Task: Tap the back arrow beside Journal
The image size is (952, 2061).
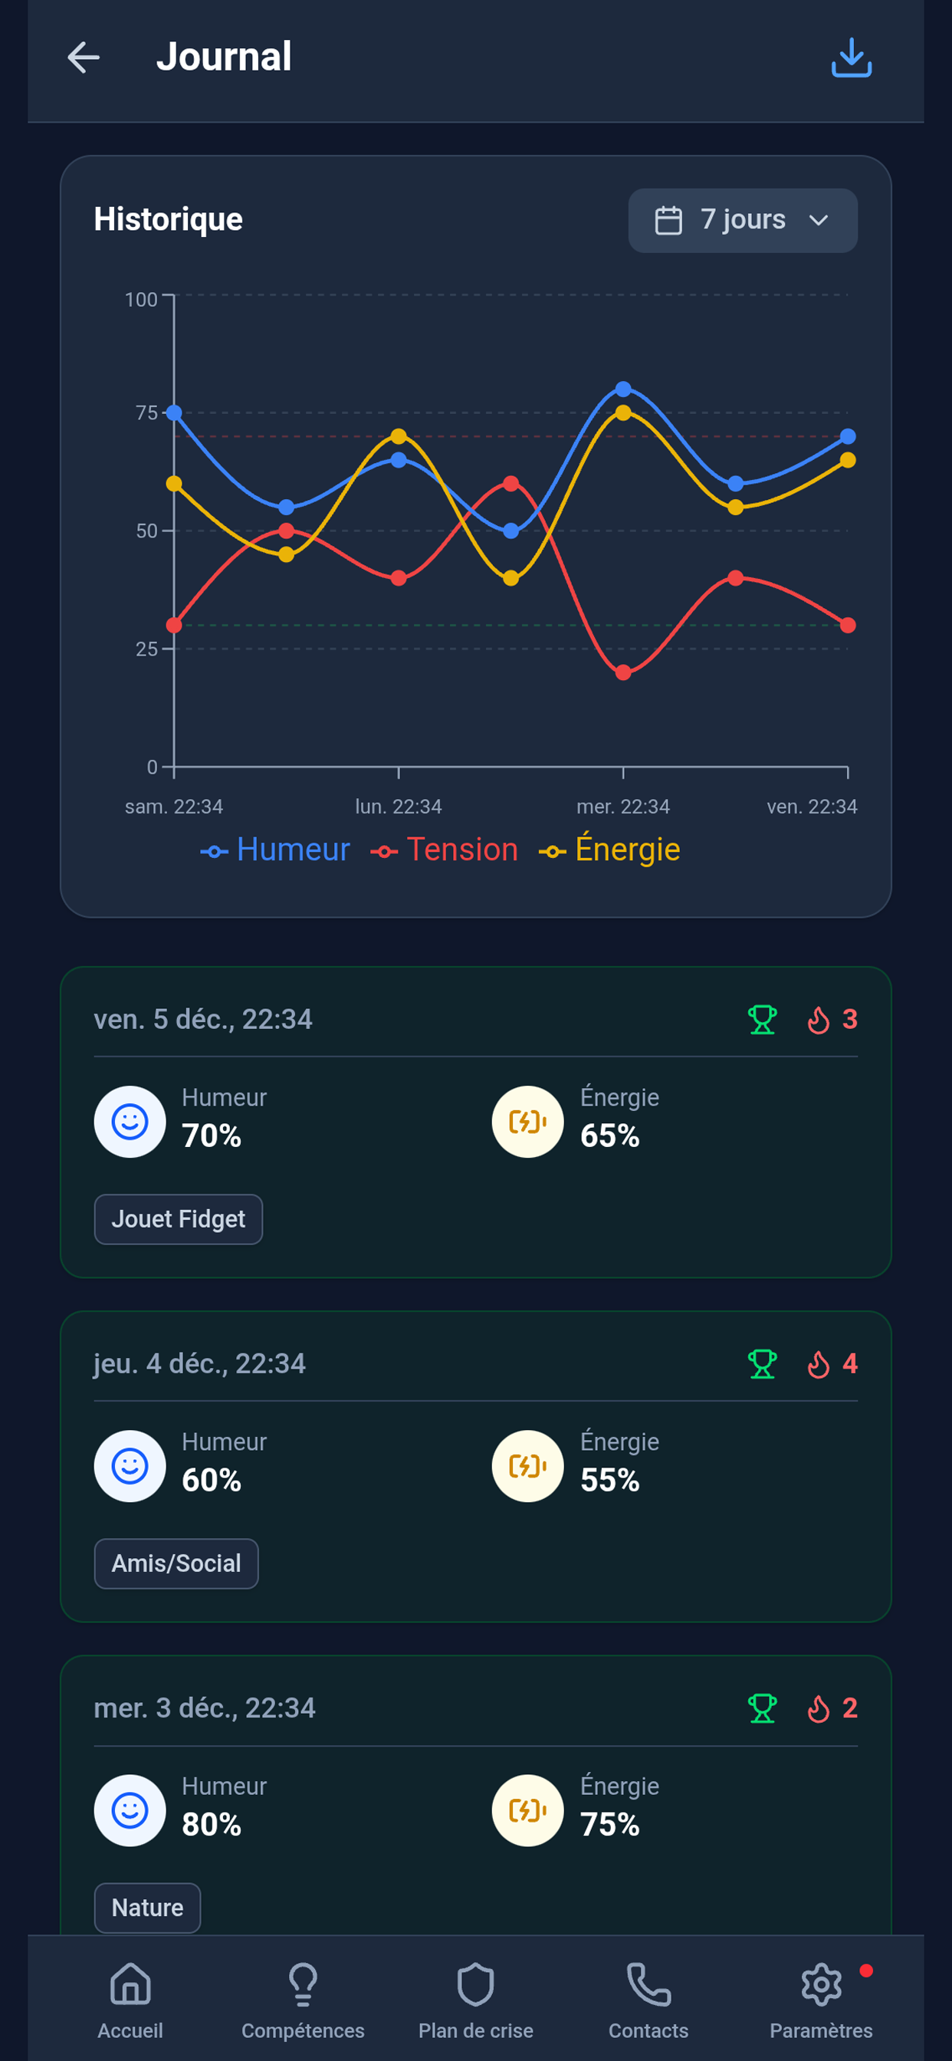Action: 84,58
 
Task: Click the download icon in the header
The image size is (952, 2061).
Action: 850,58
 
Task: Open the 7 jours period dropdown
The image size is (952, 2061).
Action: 743,220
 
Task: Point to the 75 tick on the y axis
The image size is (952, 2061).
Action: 146,413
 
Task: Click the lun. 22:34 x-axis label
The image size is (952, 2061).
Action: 399,807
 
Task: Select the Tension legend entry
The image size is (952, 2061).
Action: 445,850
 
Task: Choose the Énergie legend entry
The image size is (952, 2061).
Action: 609,850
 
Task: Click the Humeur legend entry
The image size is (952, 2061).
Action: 275,850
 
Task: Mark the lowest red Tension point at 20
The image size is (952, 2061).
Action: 623,673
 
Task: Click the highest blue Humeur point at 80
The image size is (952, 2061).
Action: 623,390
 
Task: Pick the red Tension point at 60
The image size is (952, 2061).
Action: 511,483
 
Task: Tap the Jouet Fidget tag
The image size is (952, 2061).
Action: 179,1218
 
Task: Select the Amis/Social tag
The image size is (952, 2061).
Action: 176,1563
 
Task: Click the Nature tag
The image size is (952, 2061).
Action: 147,1908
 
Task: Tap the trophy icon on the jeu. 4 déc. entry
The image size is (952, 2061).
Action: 762,1363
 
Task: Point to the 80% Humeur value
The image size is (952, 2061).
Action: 212,1824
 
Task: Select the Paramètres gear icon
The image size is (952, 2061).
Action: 821,1986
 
